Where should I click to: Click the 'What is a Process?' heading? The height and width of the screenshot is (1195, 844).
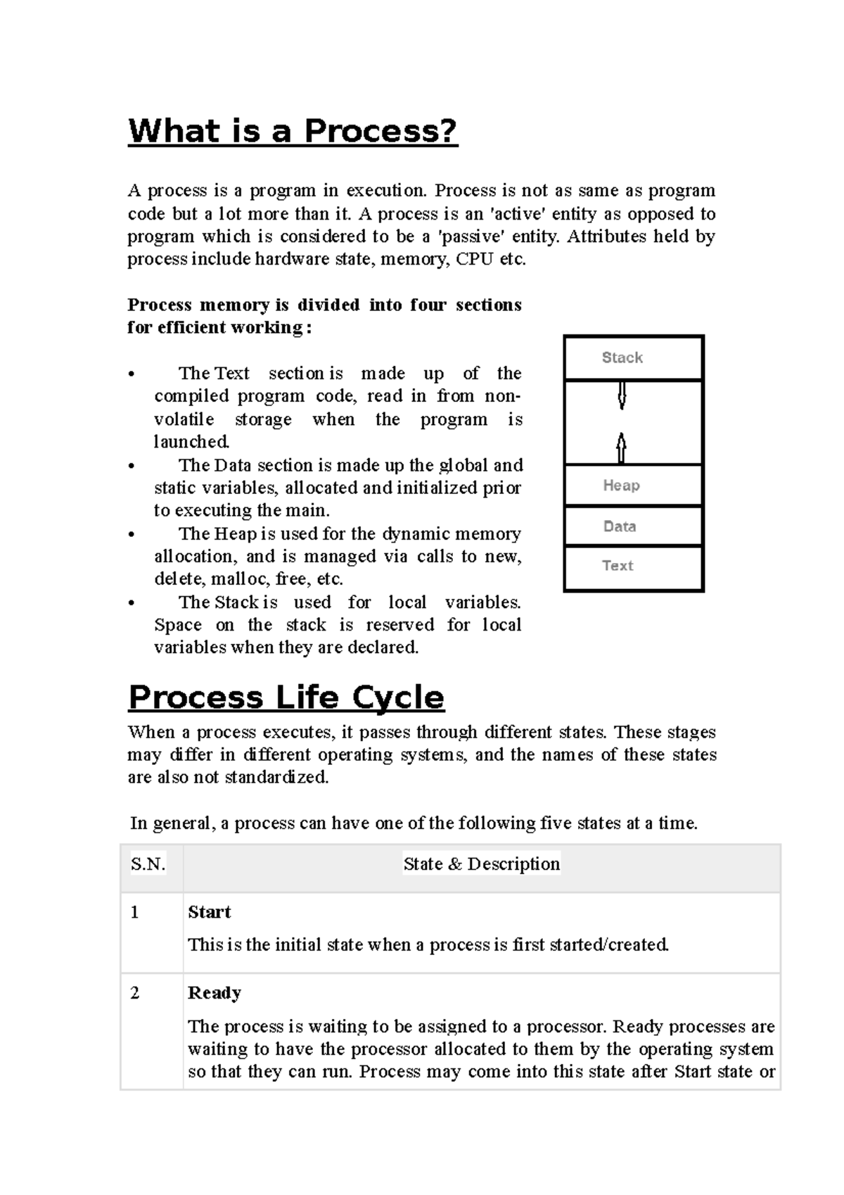tap(293, 132)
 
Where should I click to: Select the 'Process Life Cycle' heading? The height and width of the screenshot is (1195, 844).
tap(286, 697)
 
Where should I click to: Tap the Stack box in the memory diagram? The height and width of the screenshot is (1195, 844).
tap(633, 358)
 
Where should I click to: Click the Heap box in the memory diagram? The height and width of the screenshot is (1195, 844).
tap(633, 486)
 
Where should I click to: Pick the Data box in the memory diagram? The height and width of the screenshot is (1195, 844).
tap(633, 526)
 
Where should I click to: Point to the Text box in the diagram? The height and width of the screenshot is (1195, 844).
tap(633, 567)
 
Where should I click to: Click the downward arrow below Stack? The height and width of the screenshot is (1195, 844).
tap(622, 396)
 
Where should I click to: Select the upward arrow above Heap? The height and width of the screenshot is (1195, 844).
tap(621, 448)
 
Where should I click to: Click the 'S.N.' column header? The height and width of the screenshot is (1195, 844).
tap(148, 864)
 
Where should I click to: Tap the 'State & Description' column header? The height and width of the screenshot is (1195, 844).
tap(482, 864)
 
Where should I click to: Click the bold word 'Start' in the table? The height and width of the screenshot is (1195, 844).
tap(209, 912)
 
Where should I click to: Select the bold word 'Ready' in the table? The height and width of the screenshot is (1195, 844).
tap(215, 993)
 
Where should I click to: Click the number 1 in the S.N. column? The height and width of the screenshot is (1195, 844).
tap(134, 913)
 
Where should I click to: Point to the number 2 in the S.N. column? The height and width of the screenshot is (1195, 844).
tap(134, 993)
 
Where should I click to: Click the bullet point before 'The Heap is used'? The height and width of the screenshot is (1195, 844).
tap(132, 535)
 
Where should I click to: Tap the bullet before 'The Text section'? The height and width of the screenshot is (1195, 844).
tap(132, 374)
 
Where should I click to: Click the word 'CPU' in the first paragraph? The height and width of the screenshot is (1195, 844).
tap(475, 260)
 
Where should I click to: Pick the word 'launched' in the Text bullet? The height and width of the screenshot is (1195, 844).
tap(191, 442)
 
